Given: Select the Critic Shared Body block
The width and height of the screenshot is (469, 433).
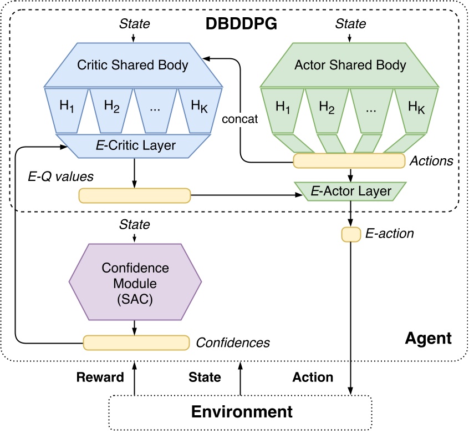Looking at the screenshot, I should (x=133, y=64).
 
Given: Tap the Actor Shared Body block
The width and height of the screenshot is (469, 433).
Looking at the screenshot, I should (x=349, y=64).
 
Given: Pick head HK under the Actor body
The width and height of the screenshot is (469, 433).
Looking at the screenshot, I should (x=416, y=108).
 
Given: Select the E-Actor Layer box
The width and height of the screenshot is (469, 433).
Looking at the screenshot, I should (x=351, y=192).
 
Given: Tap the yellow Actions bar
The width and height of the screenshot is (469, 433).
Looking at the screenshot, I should (x=349, y=161).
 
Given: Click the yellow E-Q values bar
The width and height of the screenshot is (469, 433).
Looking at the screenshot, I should (x=134, y=195).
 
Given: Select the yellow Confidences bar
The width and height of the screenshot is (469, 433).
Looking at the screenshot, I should (x=135, y=342).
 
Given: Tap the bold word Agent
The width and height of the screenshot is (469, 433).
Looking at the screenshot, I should (x=428, y=338).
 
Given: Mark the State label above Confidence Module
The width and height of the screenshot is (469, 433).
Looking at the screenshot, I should (x=135, y=225).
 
